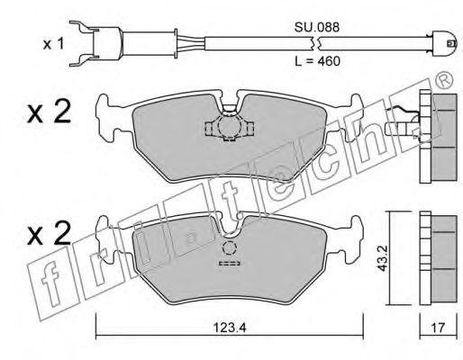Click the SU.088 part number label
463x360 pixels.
coord(317,27)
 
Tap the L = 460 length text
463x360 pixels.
coord(317,61)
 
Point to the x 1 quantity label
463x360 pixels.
coord(53,44)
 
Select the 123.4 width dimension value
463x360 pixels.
coord(230,328)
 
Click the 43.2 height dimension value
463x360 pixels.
coord(382,258)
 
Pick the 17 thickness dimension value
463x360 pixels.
coord(438,328)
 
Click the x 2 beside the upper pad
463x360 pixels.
coord(49,112)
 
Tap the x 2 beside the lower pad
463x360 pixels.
coord(49,233)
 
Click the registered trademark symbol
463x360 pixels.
coord(443,80)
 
